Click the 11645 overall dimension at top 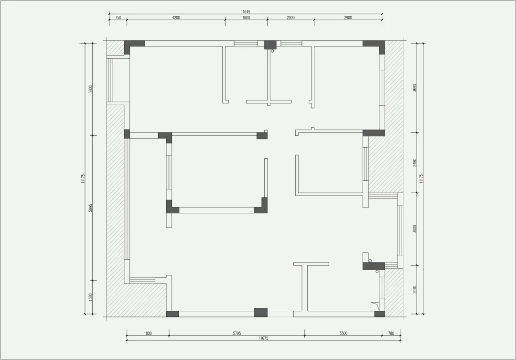click(x=246, y=12)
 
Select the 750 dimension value click(x=118, y=18)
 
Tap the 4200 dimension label click(x=176, y=18)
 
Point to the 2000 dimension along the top click(x=290, y=18)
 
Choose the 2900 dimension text click(x=348, y=18)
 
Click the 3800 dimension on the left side click(x=91, y=89)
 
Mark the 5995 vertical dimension click(x=91, y=207)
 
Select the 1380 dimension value click(x=91, y=297)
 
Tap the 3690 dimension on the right click(x=415, y=88)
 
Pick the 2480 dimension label click(x=415, y=163)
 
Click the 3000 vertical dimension click(x=415, y=229)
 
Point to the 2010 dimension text click(x=415, y=290)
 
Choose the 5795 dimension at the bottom click(x=237, y=333)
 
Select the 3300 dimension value click(x=343, y=333)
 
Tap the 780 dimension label click(x=391, y=333)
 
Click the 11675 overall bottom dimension click(x=264, y=338)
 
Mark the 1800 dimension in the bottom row click(x=148, y=333)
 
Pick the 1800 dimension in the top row click(x=246, y=18)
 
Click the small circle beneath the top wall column click(x=272, y=51)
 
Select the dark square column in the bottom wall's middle click(x=261, y=312)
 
